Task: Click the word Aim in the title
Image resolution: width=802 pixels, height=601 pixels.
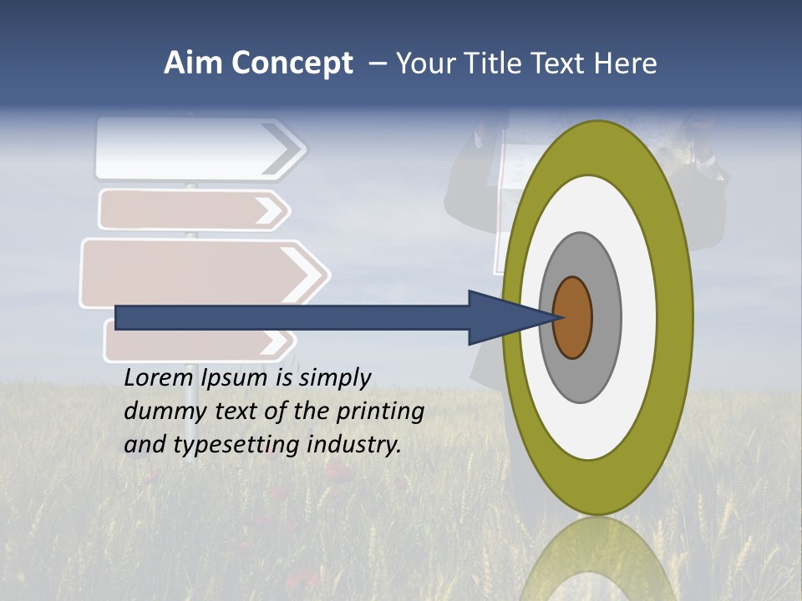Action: click(x=192, y=63)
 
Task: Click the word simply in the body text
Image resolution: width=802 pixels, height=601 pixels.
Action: click(x=333, y=379)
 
